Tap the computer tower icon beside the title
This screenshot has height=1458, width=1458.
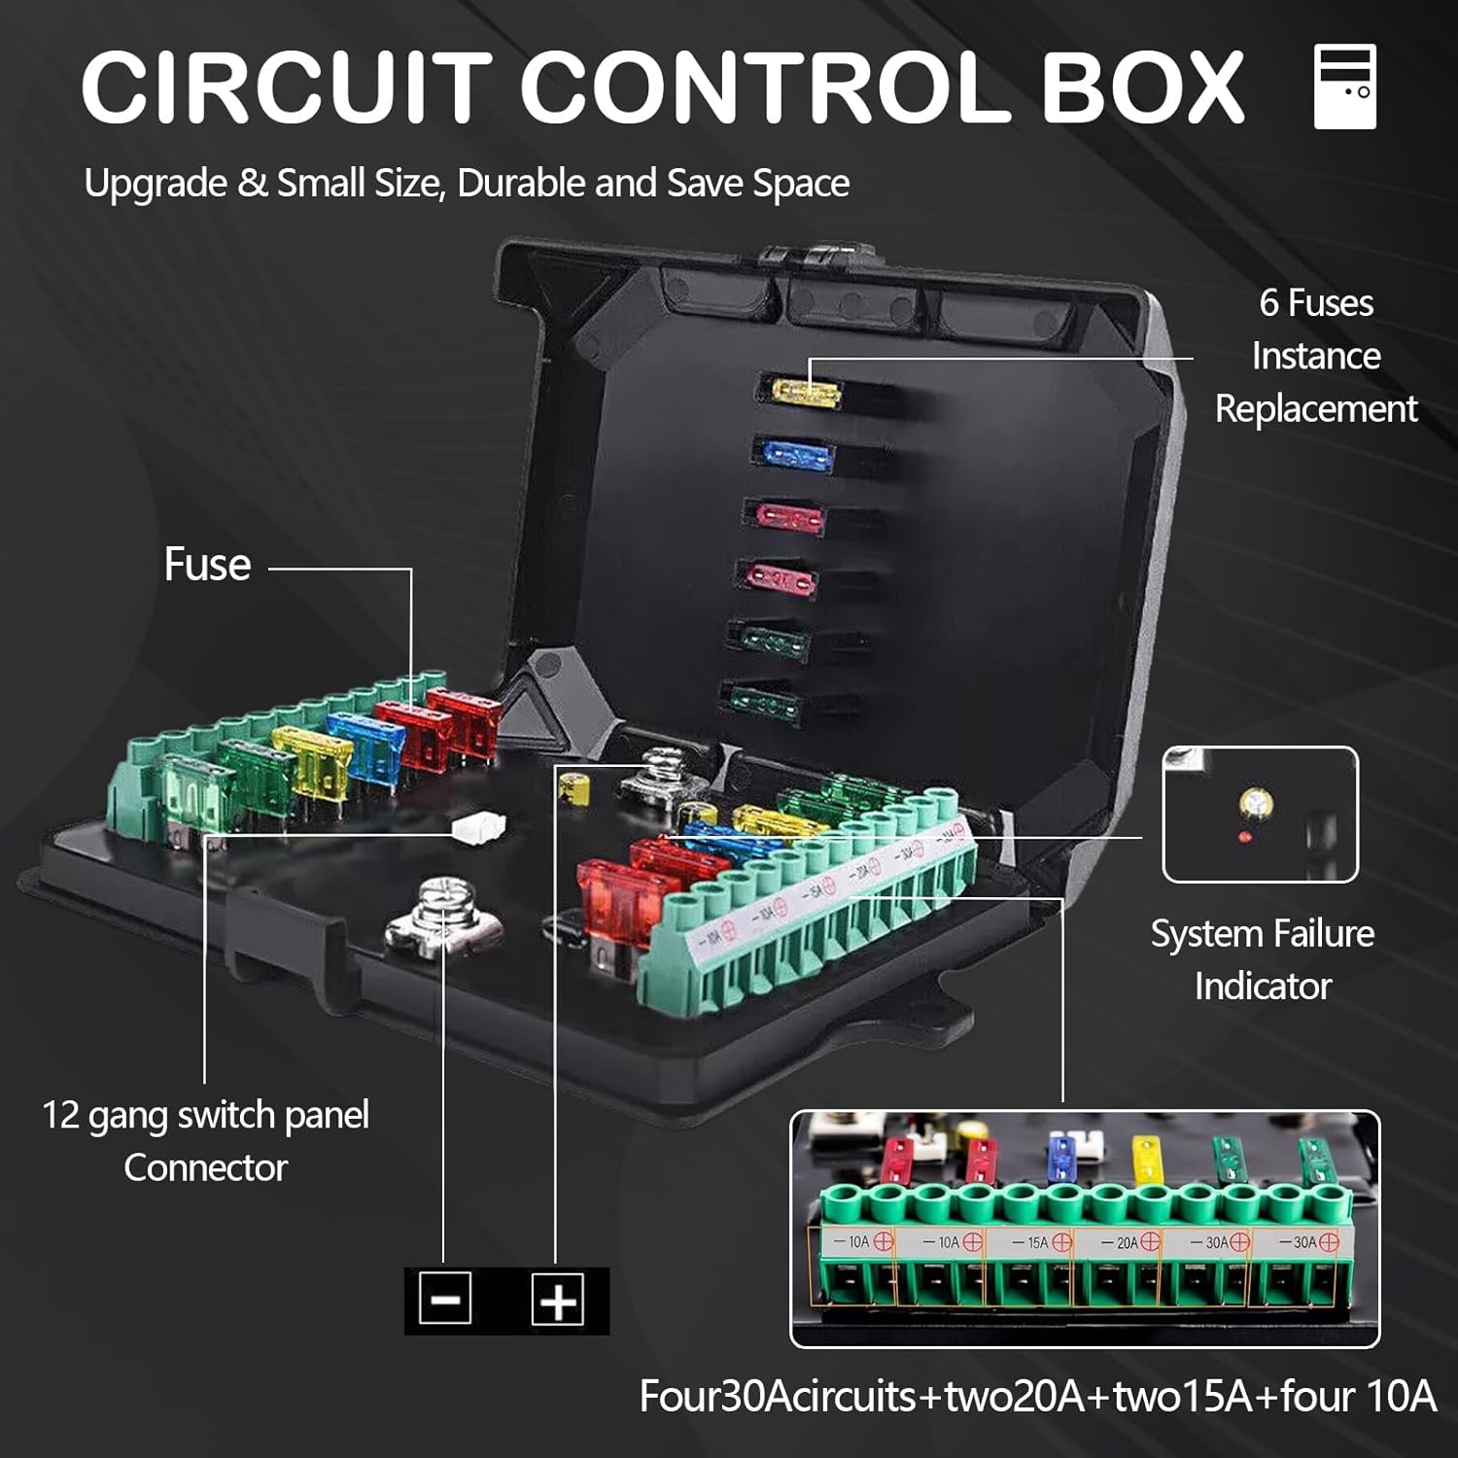click(1344, 87)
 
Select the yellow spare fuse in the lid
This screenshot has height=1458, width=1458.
click(806, 392)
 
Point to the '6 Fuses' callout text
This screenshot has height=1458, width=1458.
click(1316, 303)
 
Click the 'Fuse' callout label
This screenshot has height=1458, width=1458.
click(207, 564)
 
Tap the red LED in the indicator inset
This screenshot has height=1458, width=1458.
click(1244, 836)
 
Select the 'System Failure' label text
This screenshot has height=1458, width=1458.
click(1262, 934)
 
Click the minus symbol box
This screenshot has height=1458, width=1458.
click(445, 1299)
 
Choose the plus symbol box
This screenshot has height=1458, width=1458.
click(558, 1299)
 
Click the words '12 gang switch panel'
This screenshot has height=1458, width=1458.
click(205, 1115)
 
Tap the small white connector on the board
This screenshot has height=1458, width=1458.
click(478, 827)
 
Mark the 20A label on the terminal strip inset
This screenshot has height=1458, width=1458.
click(1127, 1242)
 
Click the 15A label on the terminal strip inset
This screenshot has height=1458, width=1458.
click(1037, 1242)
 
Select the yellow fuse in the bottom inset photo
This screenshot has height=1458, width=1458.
click(1147, 1159)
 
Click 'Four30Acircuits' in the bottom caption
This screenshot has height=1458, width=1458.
click(778, 1397)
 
